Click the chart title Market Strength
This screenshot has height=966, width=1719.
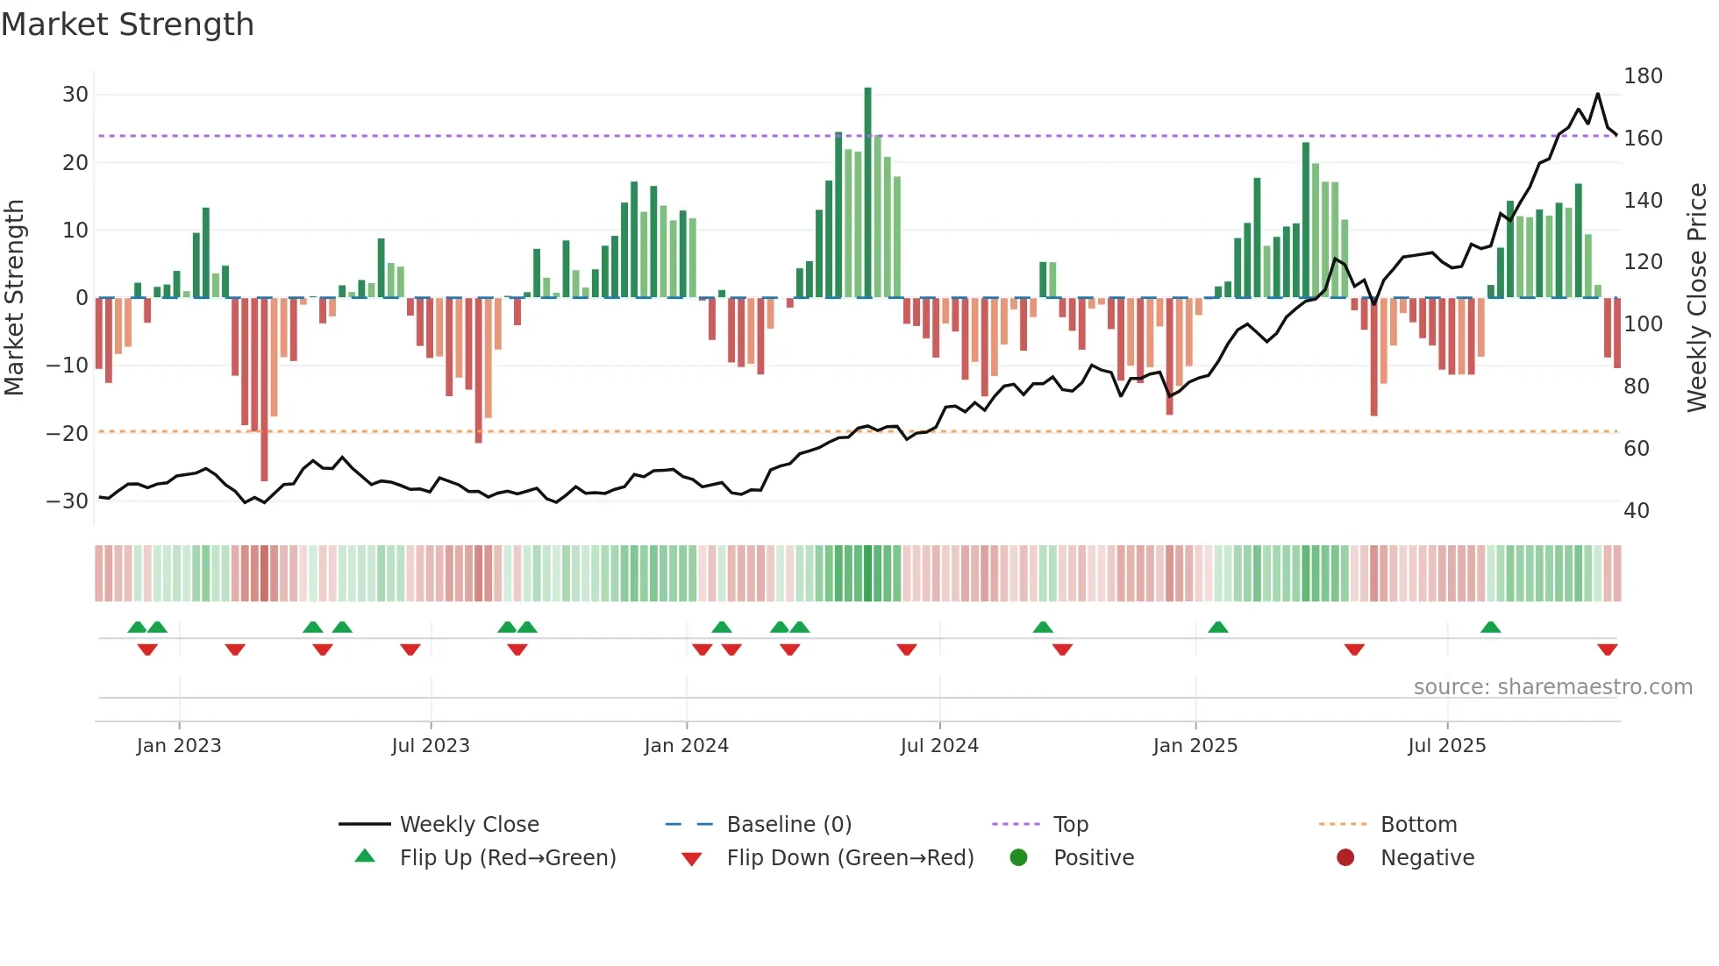click(127, 25)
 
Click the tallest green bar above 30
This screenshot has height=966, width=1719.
click(867, 193)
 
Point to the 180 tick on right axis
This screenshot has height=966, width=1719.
click(1642, 76)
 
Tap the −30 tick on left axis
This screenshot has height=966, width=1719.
click(68, 501)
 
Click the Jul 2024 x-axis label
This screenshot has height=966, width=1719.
click(938, 746)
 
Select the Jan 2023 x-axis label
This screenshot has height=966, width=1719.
click(179, 746)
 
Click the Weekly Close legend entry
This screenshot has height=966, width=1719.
click(468, 825)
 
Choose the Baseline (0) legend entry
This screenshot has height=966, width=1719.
click(788, 825)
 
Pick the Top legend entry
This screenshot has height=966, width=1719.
click(1070, 825)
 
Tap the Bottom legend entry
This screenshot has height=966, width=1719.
click(1417, 825)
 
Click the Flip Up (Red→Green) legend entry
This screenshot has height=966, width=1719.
click(507, 858)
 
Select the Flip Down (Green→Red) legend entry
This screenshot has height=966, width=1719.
click(849, 858)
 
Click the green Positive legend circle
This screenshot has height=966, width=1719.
click(1018, 858)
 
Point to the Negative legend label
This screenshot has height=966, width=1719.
click(1427, 858)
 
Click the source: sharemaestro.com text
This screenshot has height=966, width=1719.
click(1552, 687)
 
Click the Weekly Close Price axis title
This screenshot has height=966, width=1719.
click(1697, 298)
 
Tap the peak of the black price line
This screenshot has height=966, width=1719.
click(1597, 94)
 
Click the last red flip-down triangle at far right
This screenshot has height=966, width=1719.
click(1607, 650)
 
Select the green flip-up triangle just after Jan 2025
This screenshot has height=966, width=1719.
click(1217, 627)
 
